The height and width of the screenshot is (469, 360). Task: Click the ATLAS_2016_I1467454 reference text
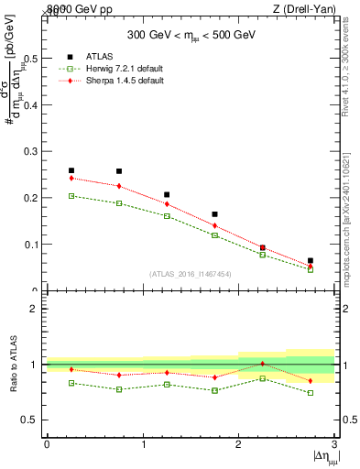(x=191, y=273)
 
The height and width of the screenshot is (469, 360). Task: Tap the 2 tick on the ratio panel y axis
(x=36, y=309)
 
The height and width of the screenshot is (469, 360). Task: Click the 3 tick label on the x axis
(x=335, y=444)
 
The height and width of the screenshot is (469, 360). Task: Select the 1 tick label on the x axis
(x=143, y=444)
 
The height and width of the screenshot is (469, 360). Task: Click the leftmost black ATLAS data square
(x=71, y=170)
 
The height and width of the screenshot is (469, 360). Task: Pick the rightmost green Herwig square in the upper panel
(x=311, y=269)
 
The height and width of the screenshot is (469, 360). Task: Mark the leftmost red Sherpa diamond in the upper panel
(x=71, y=179)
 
